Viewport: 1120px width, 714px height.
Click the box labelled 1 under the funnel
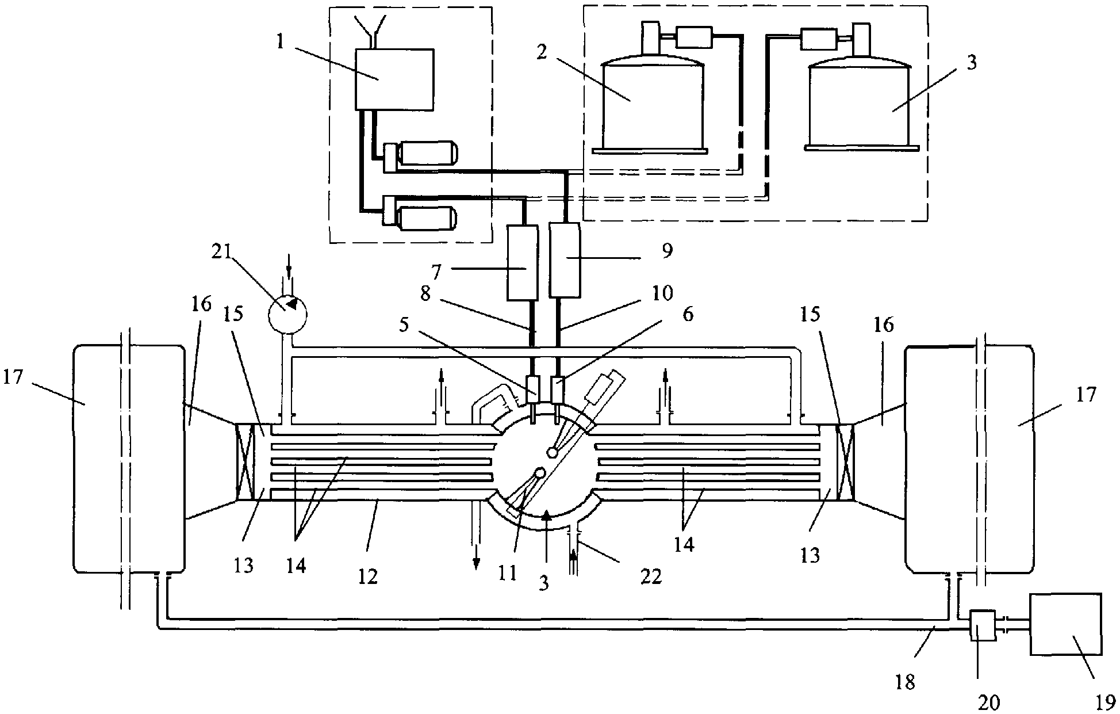pyautogui.click(x=394, y=79)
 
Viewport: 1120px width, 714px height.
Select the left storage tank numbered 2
pyautogui.click(x=652, y=102)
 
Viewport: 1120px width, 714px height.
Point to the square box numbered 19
pyautogui.click(x=1065, y=624)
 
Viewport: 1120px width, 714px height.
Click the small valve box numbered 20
pyautogui.click(x=979, y=626)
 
